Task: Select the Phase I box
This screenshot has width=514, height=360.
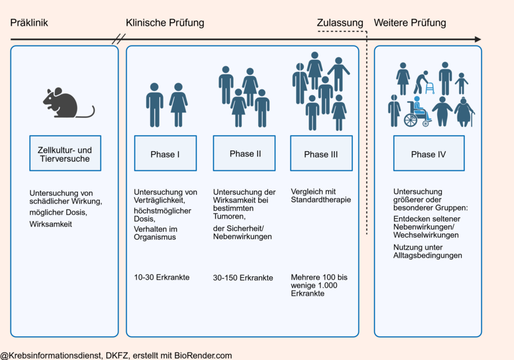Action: click(165, 154)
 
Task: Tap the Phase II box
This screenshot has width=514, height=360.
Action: click(244, 154)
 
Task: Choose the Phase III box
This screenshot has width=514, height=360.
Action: click(321, 154)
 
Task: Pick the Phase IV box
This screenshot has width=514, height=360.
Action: click(429, 154)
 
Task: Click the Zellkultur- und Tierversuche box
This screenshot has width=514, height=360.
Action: click(65, 154)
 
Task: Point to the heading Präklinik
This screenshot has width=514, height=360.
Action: click(29, 23)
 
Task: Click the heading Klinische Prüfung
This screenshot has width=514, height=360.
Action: click(165, 23)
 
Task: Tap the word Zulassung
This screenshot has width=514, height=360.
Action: click(340, 23)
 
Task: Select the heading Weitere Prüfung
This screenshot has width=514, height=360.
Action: click(410, 23)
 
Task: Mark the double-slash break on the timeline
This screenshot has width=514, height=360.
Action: click(119, 39)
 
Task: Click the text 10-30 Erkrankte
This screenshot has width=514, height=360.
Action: click(162, 277)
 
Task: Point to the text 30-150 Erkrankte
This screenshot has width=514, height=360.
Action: click(243, 278)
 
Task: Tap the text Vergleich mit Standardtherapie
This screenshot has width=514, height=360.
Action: click(321, 195)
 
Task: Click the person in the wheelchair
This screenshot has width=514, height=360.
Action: click(418, 111)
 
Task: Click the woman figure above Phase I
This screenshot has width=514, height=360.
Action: click(178, 105)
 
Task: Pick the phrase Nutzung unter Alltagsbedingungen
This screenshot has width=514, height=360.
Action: click(428, 251)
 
